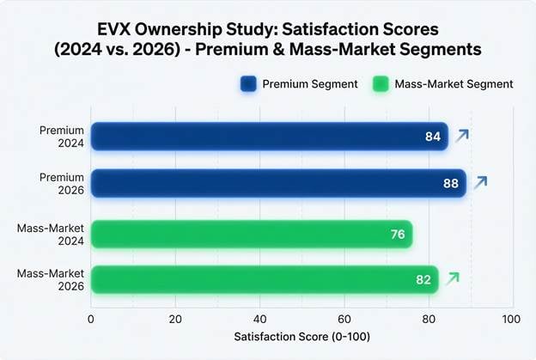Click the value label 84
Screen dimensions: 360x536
(433, 137)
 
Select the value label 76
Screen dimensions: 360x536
(398, 234)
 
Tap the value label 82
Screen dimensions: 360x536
(423, 279)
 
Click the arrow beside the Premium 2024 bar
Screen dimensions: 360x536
(462, 135)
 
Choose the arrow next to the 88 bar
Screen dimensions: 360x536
(480, 181)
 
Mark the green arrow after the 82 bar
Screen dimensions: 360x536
(453, 278)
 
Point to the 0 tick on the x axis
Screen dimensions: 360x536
(91, 319)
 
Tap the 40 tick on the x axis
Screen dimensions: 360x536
(259, 319)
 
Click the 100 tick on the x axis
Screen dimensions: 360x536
(512, 319)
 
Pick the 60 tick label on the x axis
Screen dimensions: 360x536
(344, 319)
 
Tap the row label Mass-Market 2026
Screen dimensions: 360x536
(51, 279)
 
